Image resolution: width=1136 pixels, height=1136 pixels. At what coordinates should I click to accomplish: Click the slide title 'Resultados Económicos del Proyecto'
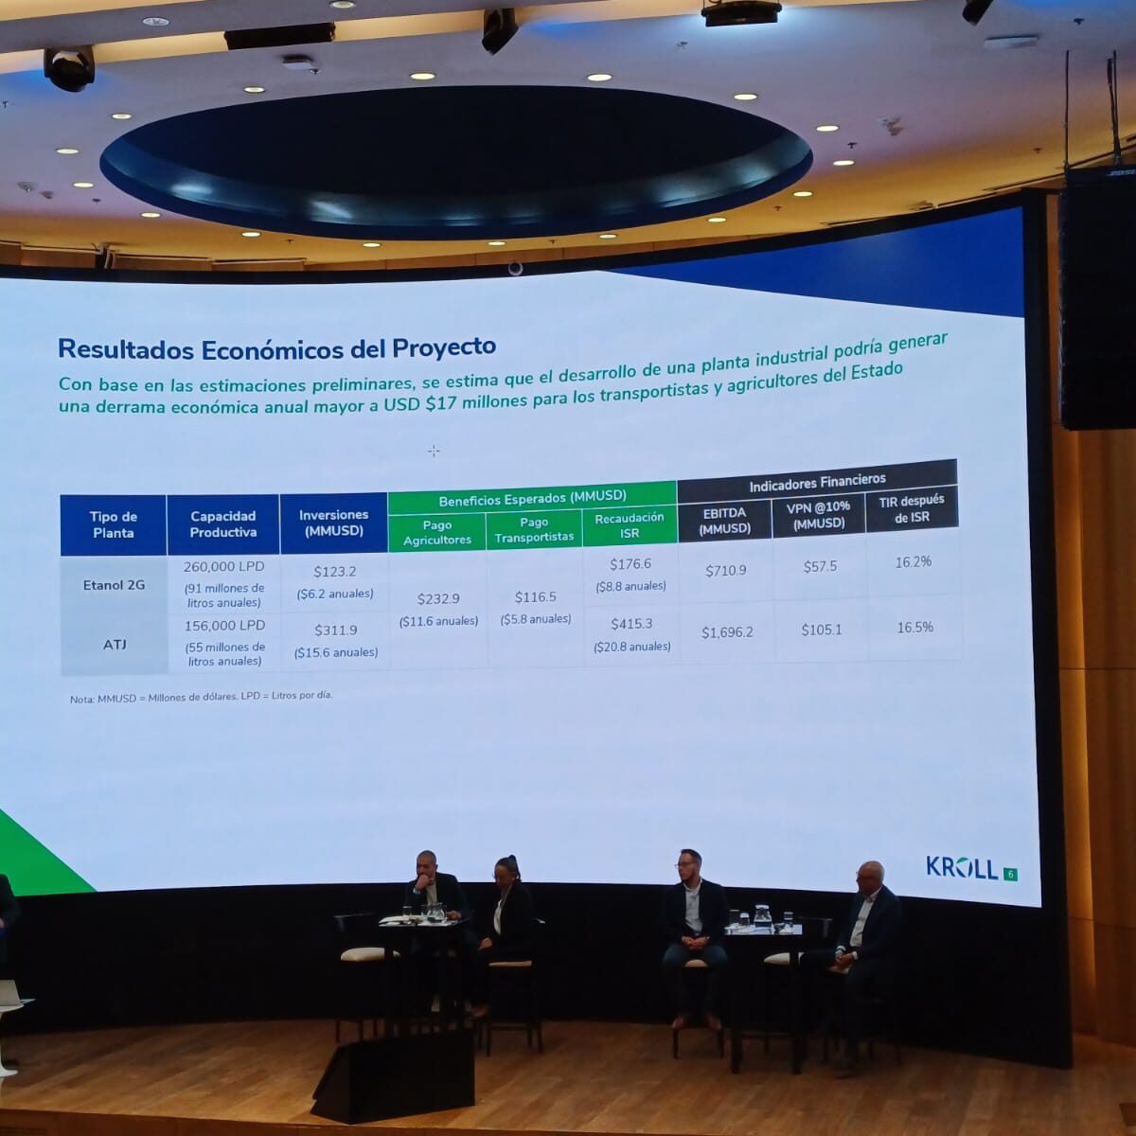[276, 348]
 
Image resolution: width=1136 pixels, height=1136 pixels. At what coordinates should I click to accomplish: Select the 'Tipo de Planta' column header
[114, 524]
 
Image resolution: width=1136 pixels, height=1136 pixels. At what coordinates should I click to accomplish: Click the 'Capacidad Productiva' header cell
[222, 524]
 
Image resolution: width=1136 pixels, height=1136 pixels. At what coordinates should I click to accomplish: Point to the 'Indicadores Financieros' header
[817, 482]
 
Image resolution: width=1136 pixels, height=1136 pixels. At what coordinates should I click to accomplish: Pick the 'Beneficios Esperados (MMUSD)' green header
[532, 498]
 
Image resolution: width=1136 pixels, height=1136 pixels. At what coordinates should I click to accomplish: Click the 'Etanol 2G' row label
[114, 585]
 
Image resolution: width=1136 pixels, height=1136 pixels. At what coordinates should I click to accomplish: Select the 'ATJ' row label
[115, 645]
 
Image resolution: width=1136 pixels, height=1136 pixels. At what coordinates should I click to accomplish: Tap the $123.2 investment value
[334, 571]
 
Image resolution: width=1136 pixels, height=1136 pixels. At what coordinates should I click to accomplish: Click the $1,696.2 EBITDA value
[727, 632]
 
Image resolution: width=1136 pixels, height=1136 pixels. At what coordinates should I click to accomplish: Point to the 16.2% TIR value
[914, 561]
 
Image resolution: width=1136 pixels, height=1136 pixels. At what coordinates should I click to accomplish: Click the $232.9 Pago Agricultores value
[438, 599]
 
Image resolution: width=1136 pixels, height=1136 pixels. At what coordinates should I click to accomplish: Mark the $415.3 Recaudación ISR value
[631, 624]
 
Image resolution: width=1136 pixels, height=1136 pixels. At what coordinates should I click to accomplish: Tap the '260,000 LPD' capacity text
[223, 566]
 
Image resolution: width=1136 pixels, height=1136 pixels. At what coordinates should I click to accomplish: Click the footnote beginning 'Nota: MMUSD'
[201, 698]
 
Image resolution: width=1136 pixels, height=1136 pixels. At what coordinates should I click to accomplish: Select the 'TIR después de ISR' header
[912, 508]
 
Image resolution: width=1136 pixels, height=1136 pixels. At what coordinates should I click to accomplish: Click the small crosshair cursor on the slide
[434, 452]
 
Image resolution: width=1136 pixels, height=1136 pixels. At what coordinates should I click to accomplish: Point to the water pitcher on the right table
[761, 916]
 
